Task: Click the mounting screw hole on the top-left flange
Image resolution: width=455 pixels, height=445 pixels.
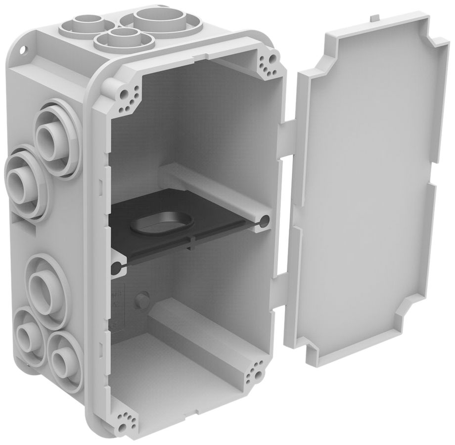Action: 23,49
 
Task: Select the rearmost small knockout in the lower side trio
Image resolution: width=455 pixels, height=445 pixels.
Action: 26,334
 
